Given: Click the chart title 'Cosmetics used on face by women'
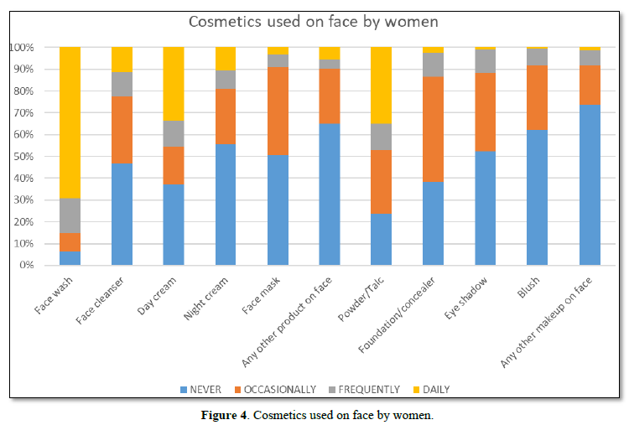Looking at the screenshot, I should click(x=314, y=21).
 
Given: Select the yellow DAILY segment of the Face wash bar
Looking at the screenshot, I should click(x=70, y=122).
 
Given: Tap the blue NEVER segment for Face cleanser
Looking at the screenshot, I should click(x=122, y=215).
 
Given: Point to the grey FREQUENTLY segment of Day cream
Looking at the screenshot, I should click(x=174, y=133).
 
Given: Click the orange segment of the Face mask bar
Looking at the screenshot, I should click(x=278, y=111).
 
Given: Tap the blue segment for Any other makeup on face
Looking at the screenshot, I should click(x=589, y=185).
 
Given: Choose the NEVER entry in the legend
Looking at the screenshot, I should click(x=201, y=389).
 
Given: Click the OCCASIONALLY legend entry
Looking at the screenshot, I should click(x=274, y=389).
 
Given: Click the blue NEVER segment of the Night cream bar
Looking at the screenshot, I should click(x=226, y=205).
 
